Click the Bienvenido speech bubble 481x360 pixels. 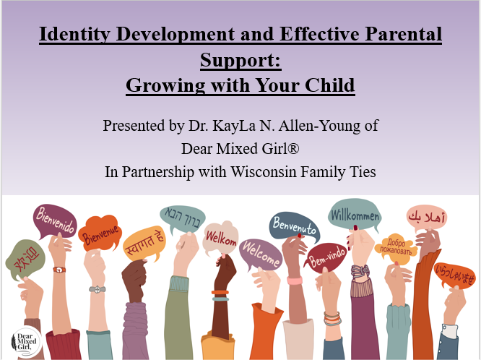(x=55, y=222)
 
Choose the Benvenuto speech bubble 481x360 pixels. (x=294, y=227)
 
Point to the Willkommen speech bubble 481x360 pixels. (x=355, y=215)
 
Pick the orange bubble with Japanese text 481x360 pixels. (x=456, y=275)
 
